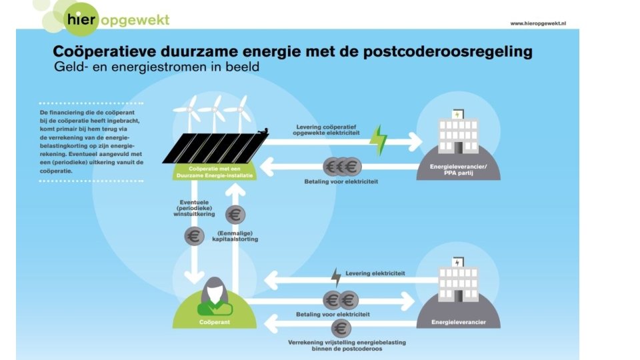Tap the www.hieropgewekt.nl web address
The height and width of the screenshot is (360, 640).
[537, 23]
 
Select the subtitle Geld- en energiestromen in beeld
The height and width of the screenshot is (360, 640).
[157, 67]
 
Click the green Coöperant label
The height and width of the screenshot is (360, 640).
[215, 322]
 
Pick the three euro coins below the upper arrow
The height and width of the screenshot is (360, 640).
[342, 167]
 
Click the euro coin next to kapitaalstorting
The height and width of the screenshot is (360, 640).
[235, 215]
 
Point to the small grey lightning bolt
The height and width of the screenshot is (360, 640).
[337, 277]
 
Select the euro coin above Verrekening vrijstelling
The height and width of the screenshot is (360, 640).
[341, 329]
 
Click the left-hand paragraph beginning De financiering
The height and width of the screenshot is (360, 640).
[91, 141]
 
